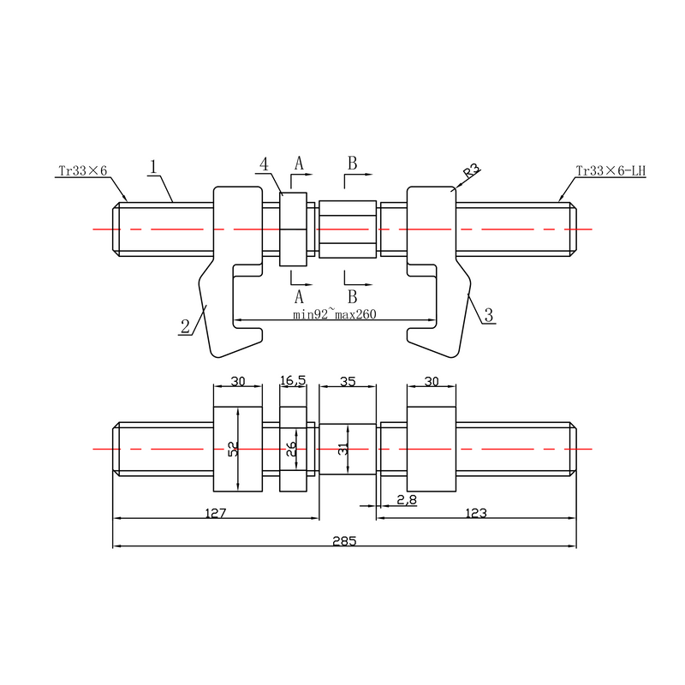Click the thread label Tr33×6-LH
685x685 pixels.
(611, 170)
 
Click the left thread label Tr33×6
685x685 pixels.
(82, 170)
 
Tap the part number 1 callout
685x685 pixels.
(153, 167)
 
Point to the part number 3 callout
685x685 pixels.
(489, 315)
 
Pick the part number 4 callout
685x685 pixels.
(264, 164)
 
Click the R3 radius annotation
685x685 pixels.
(472, 170)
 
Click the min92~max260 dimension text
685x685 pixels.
(334, 314)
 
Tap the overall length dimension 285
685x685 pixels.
(345, 541)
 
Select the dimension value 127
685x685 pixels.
(216, 513)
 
